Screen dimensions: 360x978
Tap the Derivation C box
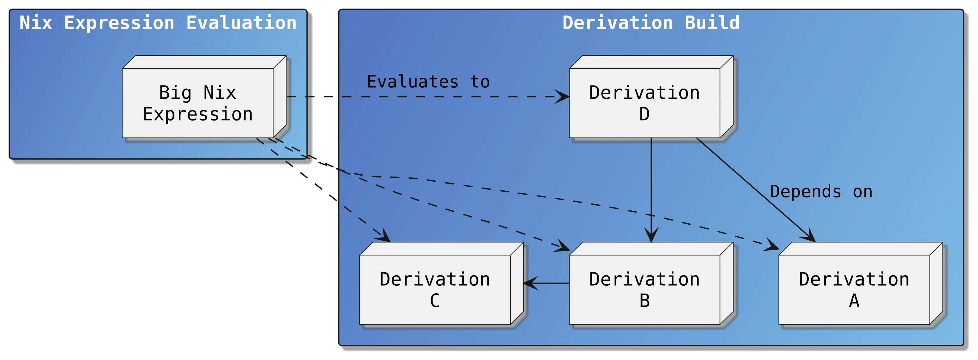click(x=435, y=289)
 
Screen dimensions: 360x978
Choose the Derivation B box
click(x=644, y=289)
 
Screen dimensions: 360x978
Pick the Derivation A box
click(x=854, y=289)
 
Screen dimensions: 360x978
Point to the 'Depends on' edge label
click(x=821, y=192)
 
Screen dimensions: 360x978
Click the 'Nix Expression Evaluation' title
click(x=158, y=23)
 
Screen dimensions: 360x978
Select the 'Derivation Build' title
click(x=651, y=23)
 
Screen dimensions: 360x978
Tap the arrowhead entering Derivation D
click(x=562, y=96)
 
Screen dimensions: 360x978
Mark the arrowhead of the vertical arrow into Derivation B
click(x=651, y=235)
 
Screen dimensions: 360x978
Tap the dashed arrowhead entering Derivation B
click(x=563, y=247)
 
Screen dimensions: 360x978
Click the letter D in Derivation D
click(x=644, y=114)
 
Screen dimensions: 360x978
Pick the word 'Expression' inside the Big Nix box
click(x=197, y=114)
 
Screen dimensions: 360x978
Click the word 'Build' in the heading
click(x=712, y=23)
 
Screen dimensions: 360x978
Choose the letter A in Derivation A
click(x=854, y=301)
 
